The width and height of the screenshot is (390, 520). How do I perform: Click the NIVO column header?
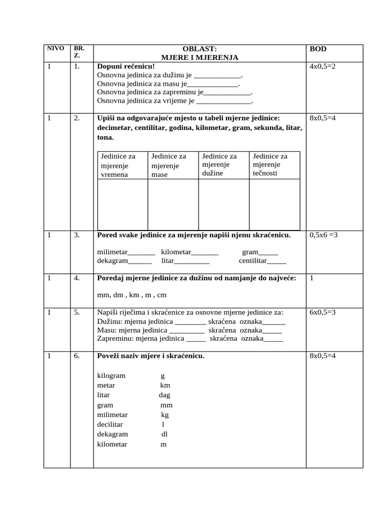pyautogui.click(x=55, y=49)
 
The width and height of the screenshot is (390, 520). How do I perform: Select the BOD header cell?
pyautogui.click(x=318, y=49)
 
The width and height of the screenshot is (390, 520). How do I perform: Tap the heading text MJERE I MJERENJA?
pyautogui.click(x=200, y=58)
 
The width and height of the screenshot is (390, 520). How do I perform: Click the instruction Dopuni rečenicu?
pyautogui.click(x=126, y=67)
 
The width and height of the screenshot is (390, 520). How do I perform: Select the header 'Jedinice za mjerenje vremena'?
pyautogui.click(x=118, y=165)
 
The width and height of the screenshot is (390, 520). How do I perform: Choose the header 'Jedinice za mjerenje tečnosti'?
pyautogui.click(x=270, y=165)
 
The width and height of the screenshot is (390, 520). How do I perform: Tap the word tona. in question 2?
pyautogui.click(x=106, y=138)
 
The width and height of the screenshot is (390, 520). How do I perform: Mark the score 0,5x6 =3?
pyautogui.click(x=323, y=235)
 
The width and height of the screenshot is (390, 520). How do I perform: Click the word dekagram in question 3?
pyautogui.click(x=112, y=261)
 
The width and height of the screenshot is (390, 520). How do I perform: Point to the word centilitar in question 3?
pyautogui.click(x=253, y=261)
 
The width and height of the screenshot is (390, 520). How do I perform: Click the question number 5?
pyautogui.click(x=77, y=313)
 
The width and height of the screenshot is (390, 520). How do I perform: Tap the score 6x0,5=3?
pyautogui.click(x=322, y=313)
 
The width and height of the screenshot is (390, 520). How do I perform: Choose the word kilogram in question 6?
pyautogui.click(x=111, y=376)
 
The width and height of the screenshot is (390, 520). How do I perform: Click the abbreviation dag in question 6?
pyautogui.click(x=164, y=395)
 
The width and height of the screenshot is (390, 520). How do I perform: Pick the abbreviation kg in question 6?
pyautogui.click(x=165, y=414)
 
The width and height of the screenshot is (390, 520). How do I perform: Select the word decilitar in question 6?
pyautogui.click(x=110, y=424)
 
